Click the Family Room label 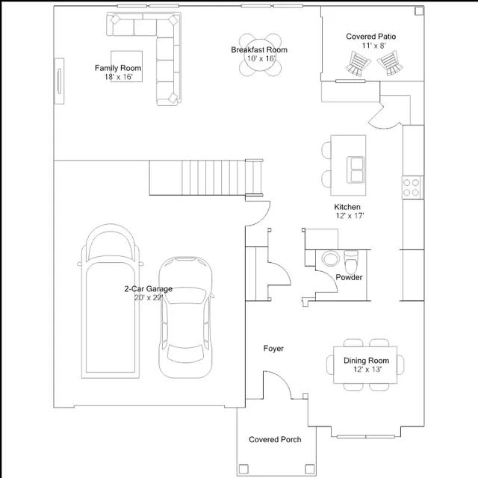pyautogui.click(x=118, y=68)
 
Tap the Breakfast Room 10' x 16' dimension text pyautogui.click(x=261, y=58)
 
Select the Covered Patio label pyautogui.click(x=370, y=37)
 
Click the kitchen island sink pyautogui.click(x=356, y=170)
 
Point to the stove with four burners pyautogui.click(x=412, y=187)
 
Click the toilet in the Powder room pyautogui.click(x=351, y=262)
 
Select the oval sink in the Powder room pyautogui.click(x=330, y=258)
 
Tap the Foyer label pyautogui.click(x=273, y=348)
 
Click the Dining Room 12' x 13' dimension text pyautogui.click(x=367, y=370)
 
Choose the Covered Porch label pyautogui.click(x=275, y=439)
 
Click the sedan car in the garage pyautogui.click(x=186, y=317)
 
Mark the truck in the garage pyautogui.click(x=111, y=301)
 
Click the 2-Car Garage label pyautogui.click(x=148, y=289)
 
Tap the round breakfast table pyautogui.click(x=261, y=55)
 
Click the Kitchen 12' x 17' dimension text pyautogui.click(x=350, y=216)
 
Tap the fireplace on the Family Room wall pyautogui.click(x=59, y=81)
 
